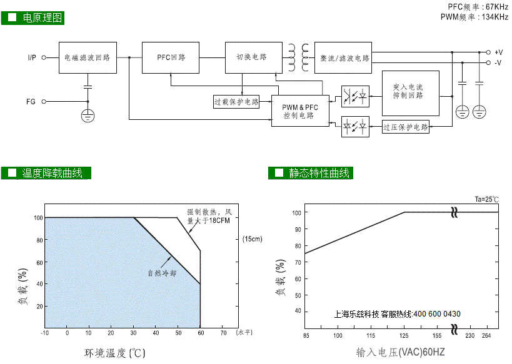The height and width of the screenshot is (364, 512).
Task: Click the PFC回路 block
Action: point(171,57)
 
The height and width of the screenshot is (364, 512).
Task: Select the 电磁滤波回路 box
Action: point(88,57)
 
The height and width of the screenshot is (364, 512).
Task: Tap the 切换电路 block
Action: point(254,57)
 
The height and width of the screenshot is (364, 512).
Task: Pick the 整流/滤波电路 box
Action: point(343,57)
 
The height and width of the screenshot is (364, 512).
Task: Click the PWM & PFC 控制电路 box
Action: point(300,111)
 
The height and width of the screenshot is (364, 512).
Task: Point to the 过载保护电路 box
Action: point(236,102)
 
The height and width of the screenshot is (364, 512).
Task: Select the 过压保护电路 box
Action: point(406,127)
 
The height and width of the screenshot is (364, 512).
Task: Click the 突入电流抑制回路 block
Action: point(411,93)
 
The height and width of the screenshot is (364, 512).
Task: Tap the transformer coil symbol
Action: point(298,57)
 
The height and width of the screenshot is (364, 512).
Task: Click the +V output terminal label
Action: point(499,52)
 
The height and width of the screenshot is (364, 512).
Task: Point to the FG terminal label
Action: point(31,102)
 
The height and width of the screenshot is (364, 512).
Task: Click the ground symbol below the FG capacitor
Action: point(88,116)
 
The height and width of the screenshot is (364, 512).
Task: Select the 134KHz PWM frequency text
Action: point(495,17)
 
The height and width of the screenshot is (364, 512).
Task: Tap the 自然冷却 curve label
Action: point(162,273)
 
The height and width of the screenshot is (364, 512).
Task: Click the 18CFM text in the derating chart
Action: point(219,220)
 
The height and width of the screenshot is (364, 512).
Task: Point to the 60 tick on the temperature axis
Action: point(201,333)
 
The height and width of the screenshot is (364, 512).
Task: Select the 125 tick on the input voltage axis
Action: point(404,336)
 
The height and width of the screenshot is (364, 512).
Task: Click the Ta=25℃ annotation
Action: point(486,199)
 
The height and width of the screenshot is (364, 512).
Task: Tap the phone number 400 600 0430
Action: point(437,314)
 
